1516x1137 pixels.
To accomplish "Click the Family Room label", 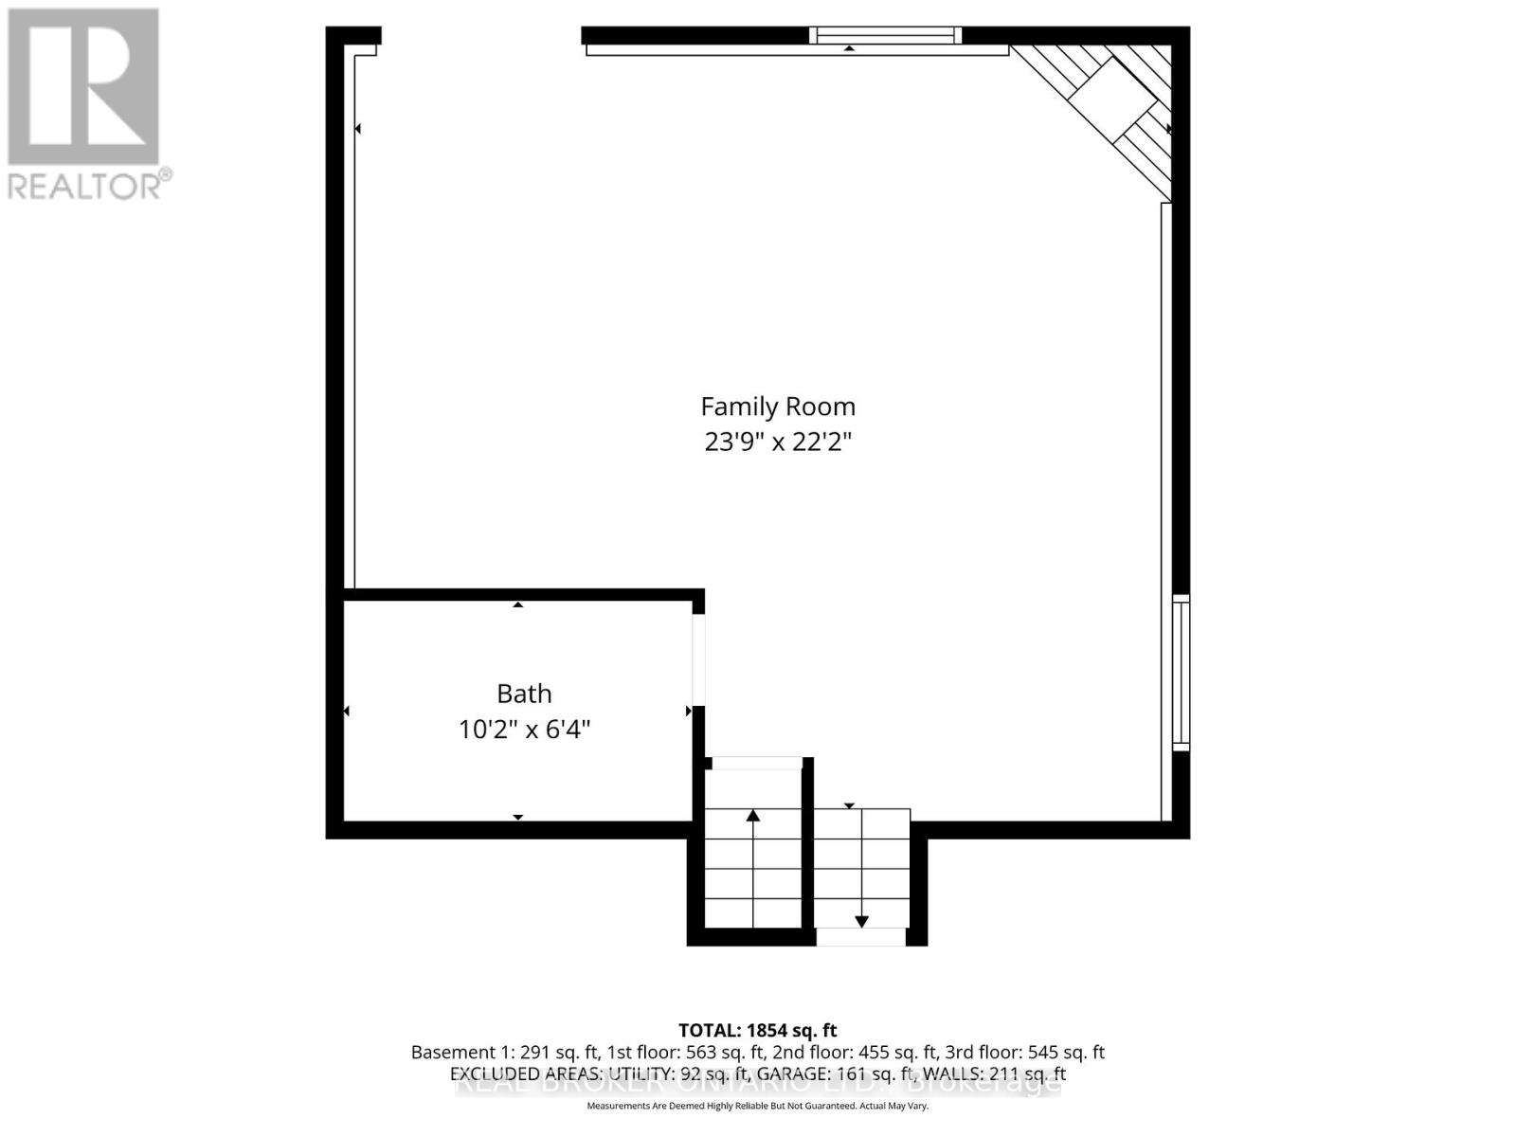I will [777, 406].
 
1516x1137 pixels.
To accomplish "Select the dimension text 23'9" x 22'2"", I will [777, 442].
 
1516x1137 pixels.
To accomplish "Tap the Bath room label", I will [524, 694].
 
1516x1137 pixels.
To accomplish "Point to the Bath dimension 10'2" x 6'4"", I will [524, 730].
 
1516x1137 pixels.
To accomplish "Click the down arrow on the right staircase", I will [861, 920].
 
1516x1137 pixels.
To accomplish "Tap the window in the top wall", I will [885, 36].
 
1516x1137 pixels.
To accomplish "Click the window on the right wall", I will [1181, 673].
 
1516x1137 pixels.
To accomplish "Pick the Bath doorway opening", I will [698, 660].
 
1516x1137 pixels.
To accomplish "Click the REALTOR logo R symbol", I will [83, 87].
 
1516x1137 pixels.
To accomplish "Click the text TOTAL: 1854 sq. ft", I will [757, 1030].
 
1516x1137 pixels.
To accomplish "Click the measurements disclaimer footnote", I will [757, 1106].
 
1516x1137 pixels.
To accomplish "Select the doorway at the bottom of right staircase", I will [860, 937].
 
